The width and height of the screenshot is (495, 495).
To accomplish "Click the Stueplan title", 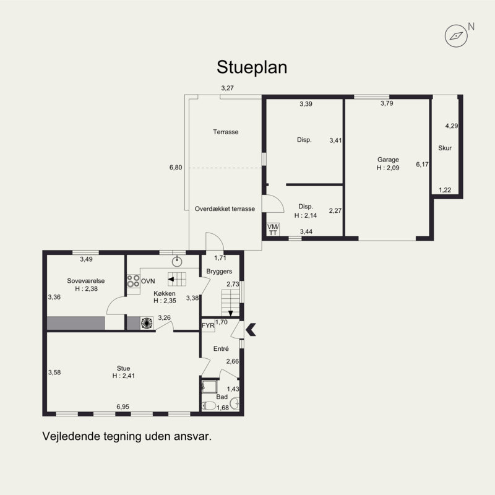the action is click(x=252, y=67).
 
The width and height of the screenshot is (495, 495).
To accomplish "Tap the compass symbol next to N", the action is click(x=456, y=36).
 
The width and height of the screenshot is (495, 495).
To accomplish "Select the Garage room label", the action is click(x=388, y=160).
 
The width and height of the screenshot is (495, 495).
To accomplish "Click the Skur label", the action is click(x=445, y=148).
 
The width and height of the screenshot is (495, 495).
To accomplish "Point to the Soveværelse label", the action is click(x=86, y=281).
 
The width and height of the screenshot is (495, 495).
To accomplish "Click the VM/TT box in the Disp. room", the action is click(x=273, y=230).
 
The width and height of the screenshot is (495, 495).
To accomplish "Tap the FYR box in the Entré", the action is click(x=208, y=325).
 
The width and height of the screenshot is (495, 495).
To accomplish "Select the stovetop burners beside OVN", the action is click(x=133, y=281).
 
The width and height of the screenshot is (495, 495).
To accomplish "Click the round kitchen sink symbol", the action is click(x=177, y=261).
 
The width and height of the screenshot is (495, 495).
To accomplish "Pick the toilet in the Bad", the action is click(x=209, y=406).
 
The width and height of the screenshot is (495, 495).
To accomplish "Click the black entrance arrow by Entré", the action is click(x=251, y=329).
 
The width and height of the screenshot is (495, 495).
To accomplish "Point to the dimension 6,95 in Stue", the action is click(x=123, y=407).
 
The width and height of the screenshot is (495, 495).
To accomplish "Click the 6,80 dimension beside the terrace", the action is click(x=176, y=167).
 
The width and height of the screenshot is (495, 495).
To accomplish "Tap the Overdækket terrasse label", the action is click(x=225, y=209).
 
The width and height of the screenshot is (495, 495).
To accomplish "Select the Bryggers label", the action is click(x=219, y=271).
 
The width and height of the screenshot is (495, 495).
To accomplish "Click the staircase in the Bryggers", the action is click(x=230, y=303).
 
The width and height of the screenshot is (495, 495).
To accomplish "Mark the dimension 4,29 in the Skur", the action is click(x=452, y=126).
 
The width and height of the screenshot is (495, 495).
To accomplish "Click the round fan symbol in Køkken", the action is click(x=147, y=323).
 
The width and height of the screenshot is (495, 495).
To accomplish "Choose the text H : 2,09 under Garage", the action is click(x=388, y=168).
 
